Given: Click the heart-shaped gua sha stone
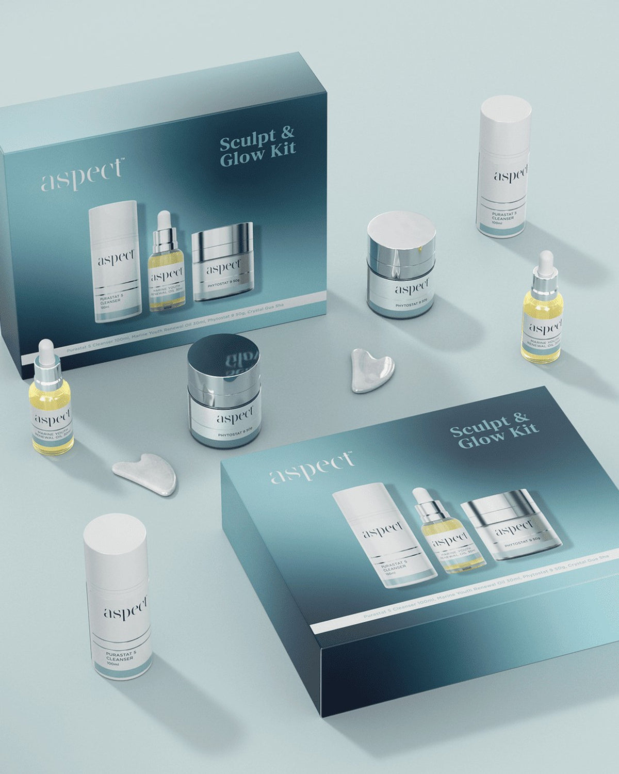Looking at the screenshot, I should (372, 369).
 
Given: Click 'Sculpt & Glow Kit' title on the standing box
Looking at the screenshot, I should (258, 136).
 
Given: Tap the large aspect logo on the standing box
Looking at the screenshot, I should (83, 174).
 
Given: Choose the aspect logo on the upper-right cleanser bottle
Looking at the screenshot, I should (511, 174).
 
